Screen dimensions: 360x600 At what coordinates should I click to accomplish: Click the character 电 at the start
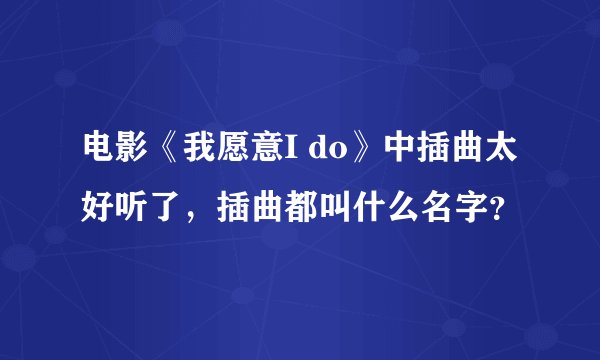pos(98,152)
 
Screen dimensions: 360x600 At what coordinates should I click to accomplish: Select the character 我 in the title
pos(194,152)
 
